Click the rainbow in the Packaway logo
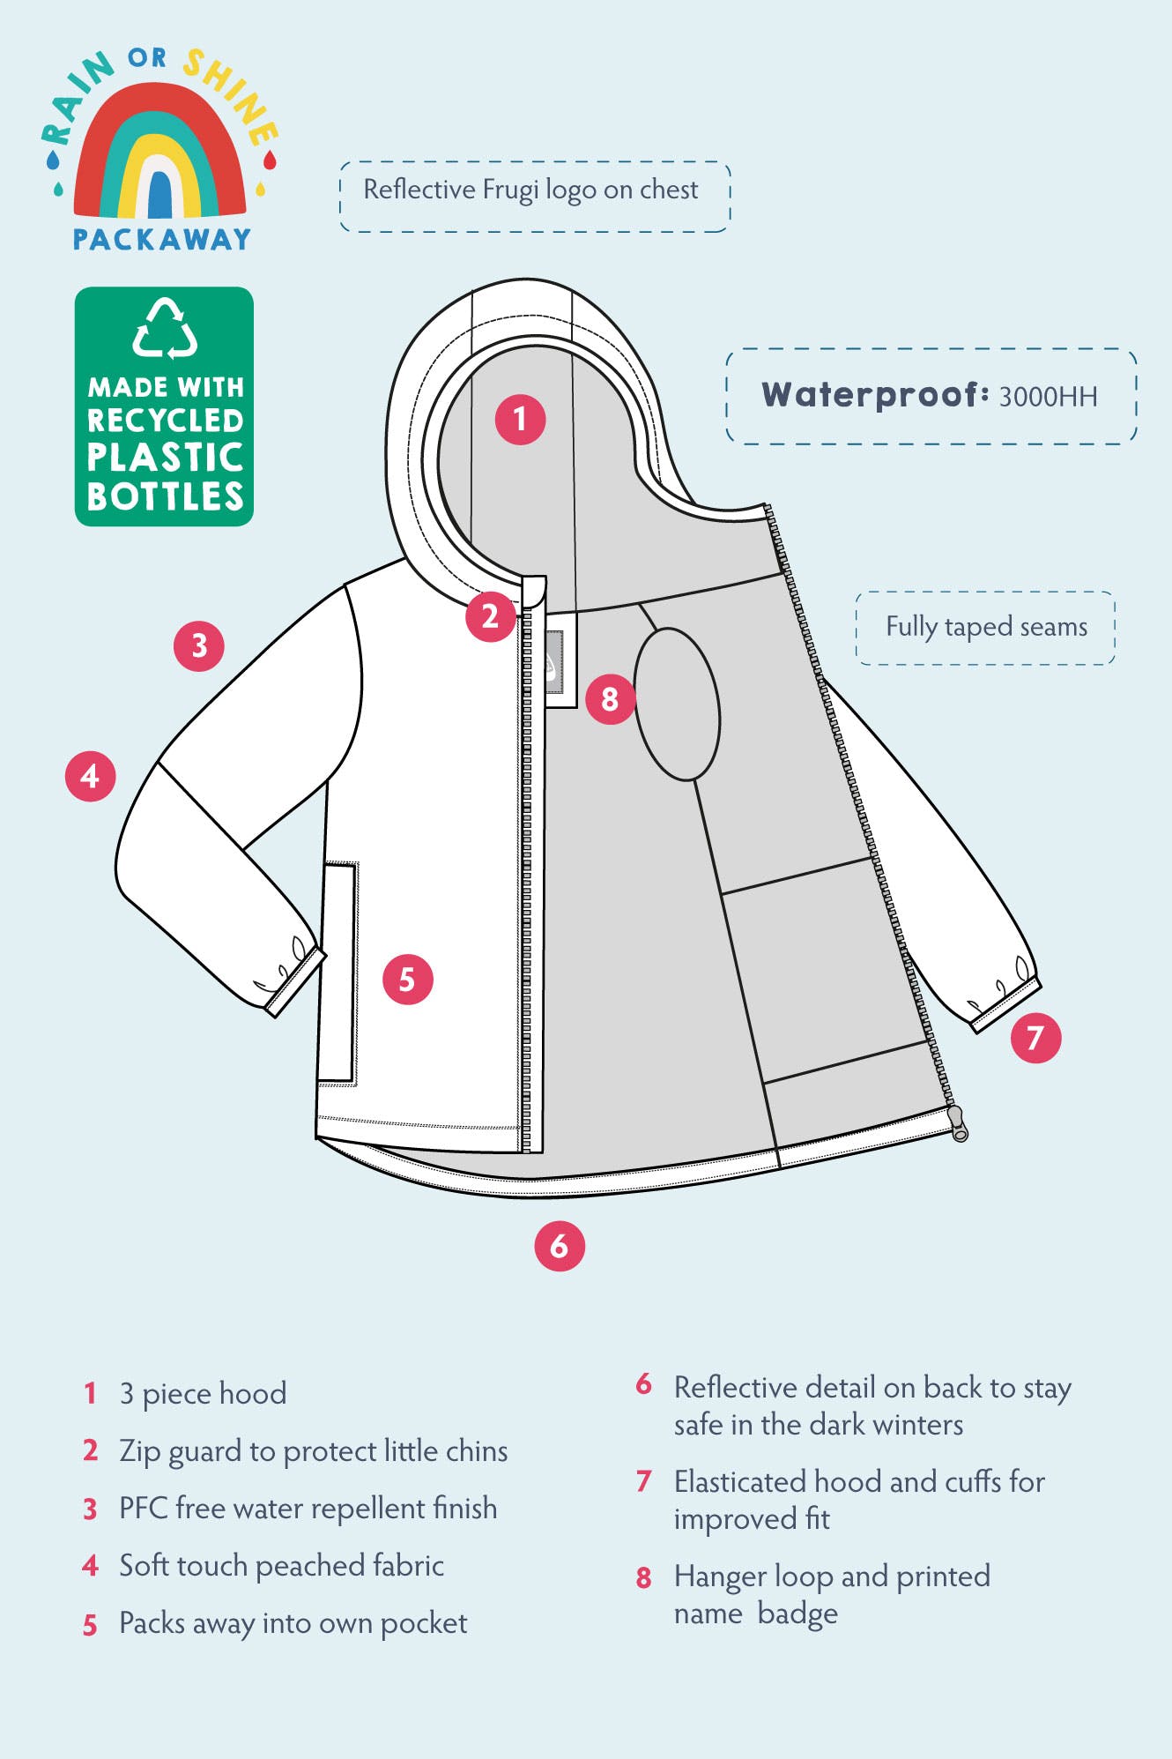(x=160, y=150)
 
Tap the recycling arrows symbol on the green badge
(x=165, y=329)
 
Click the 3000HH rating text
(x=1048, y=397)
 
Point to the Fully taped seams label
(x=986, y=627)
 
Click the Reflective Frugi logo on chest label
(x=530, y=190)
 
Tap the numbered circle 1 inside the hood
(x=520, y=419)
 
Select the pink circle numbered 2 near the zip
(x=491, y=616)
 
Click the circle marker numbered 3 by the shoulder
(x=199, y=645)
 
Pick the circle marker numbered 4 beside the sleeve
(x=91, y=776)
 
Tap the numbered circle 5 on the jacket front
(x=407, y=979)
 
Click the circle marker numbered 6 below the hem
(x=560, y=1245)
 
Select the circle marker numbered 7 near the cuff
(x=1035, y=1037)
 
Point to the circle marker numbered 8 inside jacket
(x=610, y=699)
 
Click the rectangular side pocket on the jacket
(x=338, y=973)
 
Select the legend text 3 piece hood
(x=203, y=1394)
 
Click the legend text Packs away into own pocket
(x=293, y=1623)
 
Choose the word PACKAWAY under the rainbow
(x=162, y=240)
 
